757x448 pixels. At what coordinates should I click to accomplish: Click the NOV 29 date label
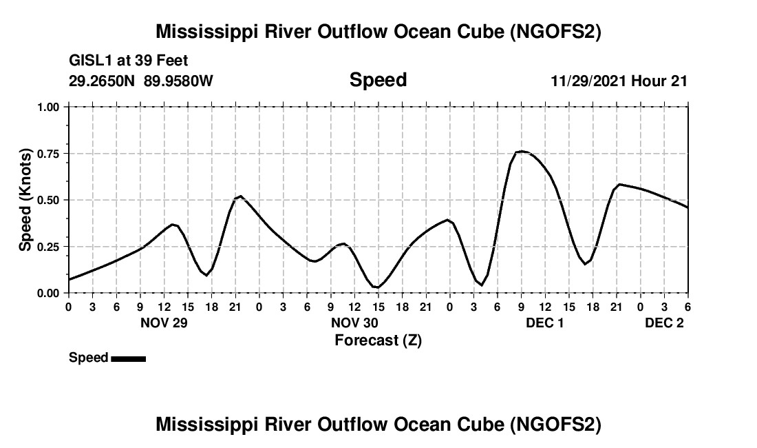pos(164,323)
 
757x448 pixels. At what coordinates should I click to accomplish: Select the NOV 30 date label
pos(354,323)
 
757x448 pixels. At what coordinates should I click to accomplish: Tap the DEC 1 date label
pos(545,323)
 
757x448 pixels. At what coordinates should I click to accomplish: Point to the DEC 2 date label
pos(664,323)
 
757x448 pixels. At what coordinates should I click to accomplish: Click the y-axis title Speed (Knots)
pos(25,200)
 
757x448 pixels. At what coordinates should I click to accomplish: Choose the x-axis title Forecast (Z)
pos(378,340)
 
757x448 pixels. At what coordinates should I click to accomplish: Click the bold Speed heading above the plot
pos(378,80)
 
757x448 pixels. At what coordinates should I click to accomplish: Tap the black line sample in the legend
pos(128,358)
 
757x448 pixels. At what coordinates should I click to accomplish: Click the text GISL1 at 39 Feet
pos(129,61)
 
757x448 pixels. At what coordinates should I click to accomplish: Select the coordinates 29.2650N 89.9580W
pos(141,81)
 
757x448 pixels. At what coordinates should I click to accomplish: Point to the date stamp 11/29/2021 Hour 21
pos(619,81)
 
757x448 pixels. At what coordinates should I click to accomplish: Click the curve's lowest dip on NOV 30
pos(376,287)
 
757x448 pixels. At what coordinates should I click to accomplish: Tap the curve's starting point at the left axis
pos(69,279)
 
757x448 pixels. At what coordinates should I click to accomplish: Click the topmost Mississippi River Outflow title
pos(378,32)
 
